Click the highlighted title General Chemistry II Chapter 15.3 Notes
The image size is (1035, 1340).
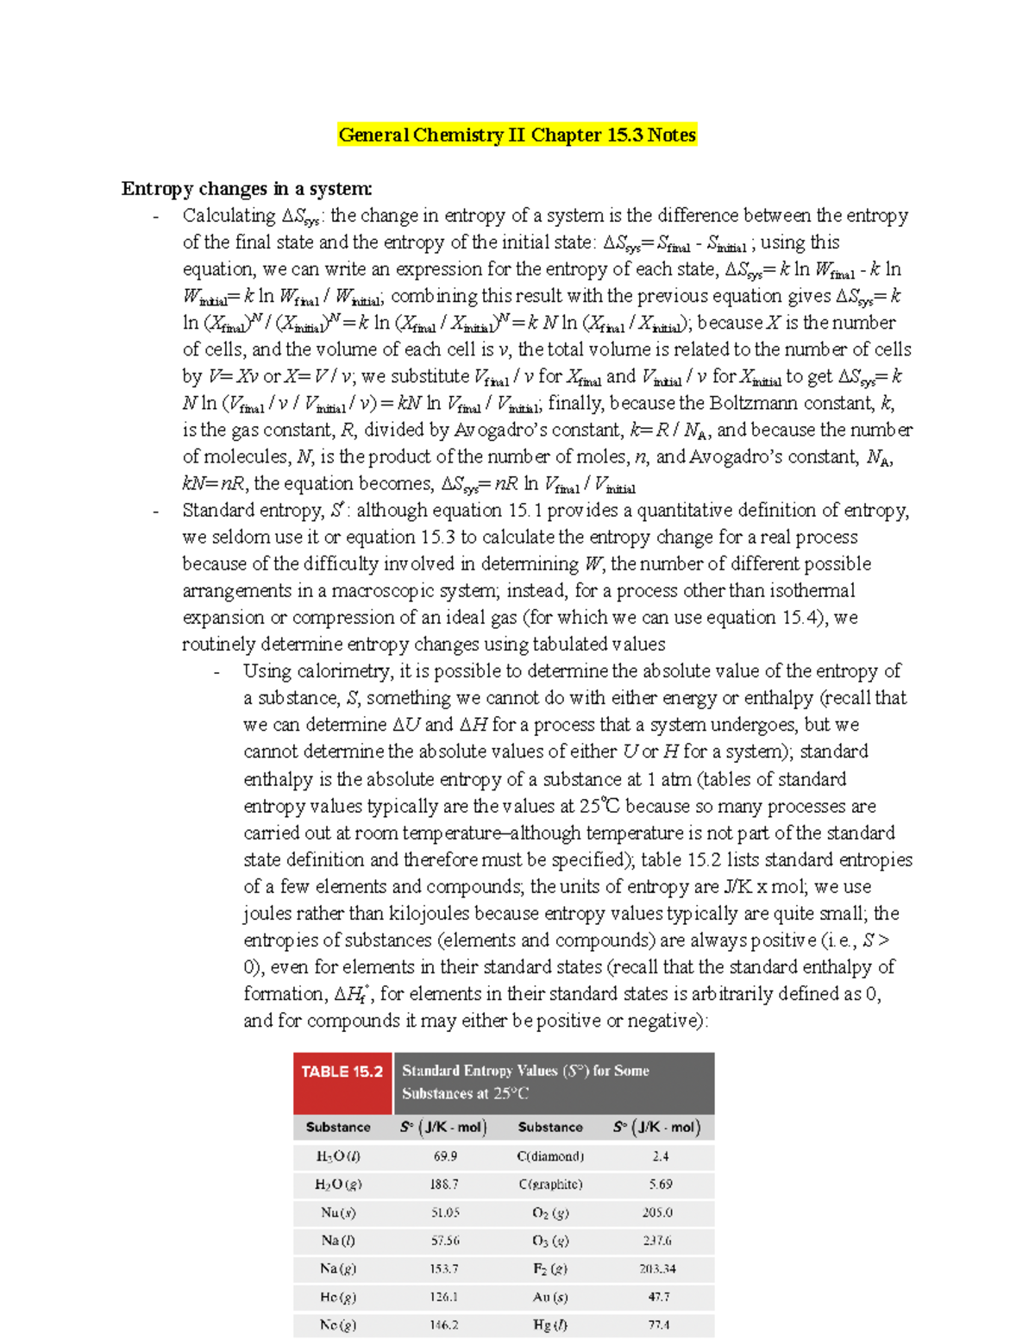tap(517, 135)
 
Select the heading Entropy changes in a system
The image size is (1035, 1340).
tap(247, 189)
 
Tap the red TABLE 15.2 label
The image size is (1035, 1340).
tap(342, 1072)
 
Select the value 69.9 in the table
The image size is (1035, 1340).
tap(445, 1156)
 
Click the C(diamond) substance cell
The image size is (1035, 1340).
tap(550, 1156)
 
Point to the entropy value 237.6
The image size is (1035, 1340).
tap(656, 1241)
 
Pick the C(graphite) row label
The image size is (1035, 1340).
tap(550, 1185)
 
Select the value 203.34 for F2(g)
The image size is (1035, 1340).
tap(657, 1269)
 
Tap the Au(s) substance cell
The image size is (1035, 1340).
tap(550, 1297)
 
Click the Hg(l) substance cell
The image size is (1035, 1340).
tap(550, 1325)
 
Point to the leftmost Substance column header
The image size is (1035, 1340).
tap(338, 1128)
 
